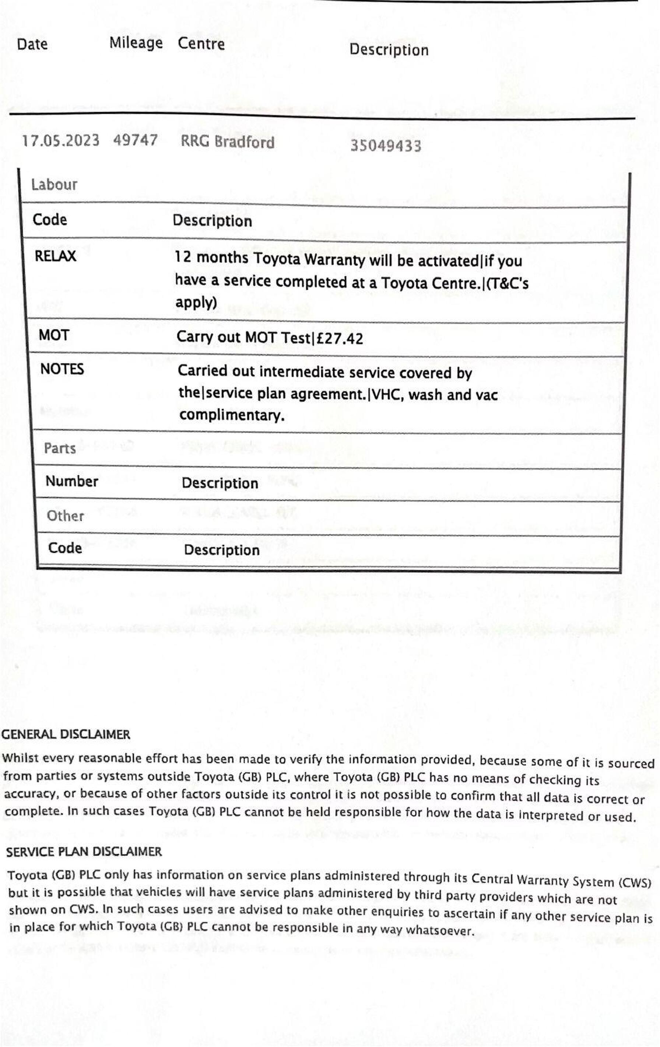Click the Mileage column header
[x=136, y=43]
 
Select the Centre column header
[x=201, y=43]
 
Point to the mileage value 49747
[x=135, y=140]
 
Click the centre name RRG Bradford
[x=227, y=142]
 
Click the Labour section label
[x=54, y=185]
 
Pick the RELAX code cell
[x=55, y=256]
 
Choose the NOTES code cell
[x=62, y=369]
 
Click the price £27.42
[x=339, y=338]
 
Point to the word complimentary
[x=232, y=415]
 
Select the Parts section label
[x=60, y=448]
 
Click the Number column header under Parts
[x=72, y=481]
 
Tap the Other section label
[x=65, y=516]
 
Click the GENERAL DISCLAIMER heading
[x=66, y=734]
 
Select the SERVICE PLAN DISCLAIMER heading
[x=84, y=851]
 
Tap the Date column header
[x=32, y=44]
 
